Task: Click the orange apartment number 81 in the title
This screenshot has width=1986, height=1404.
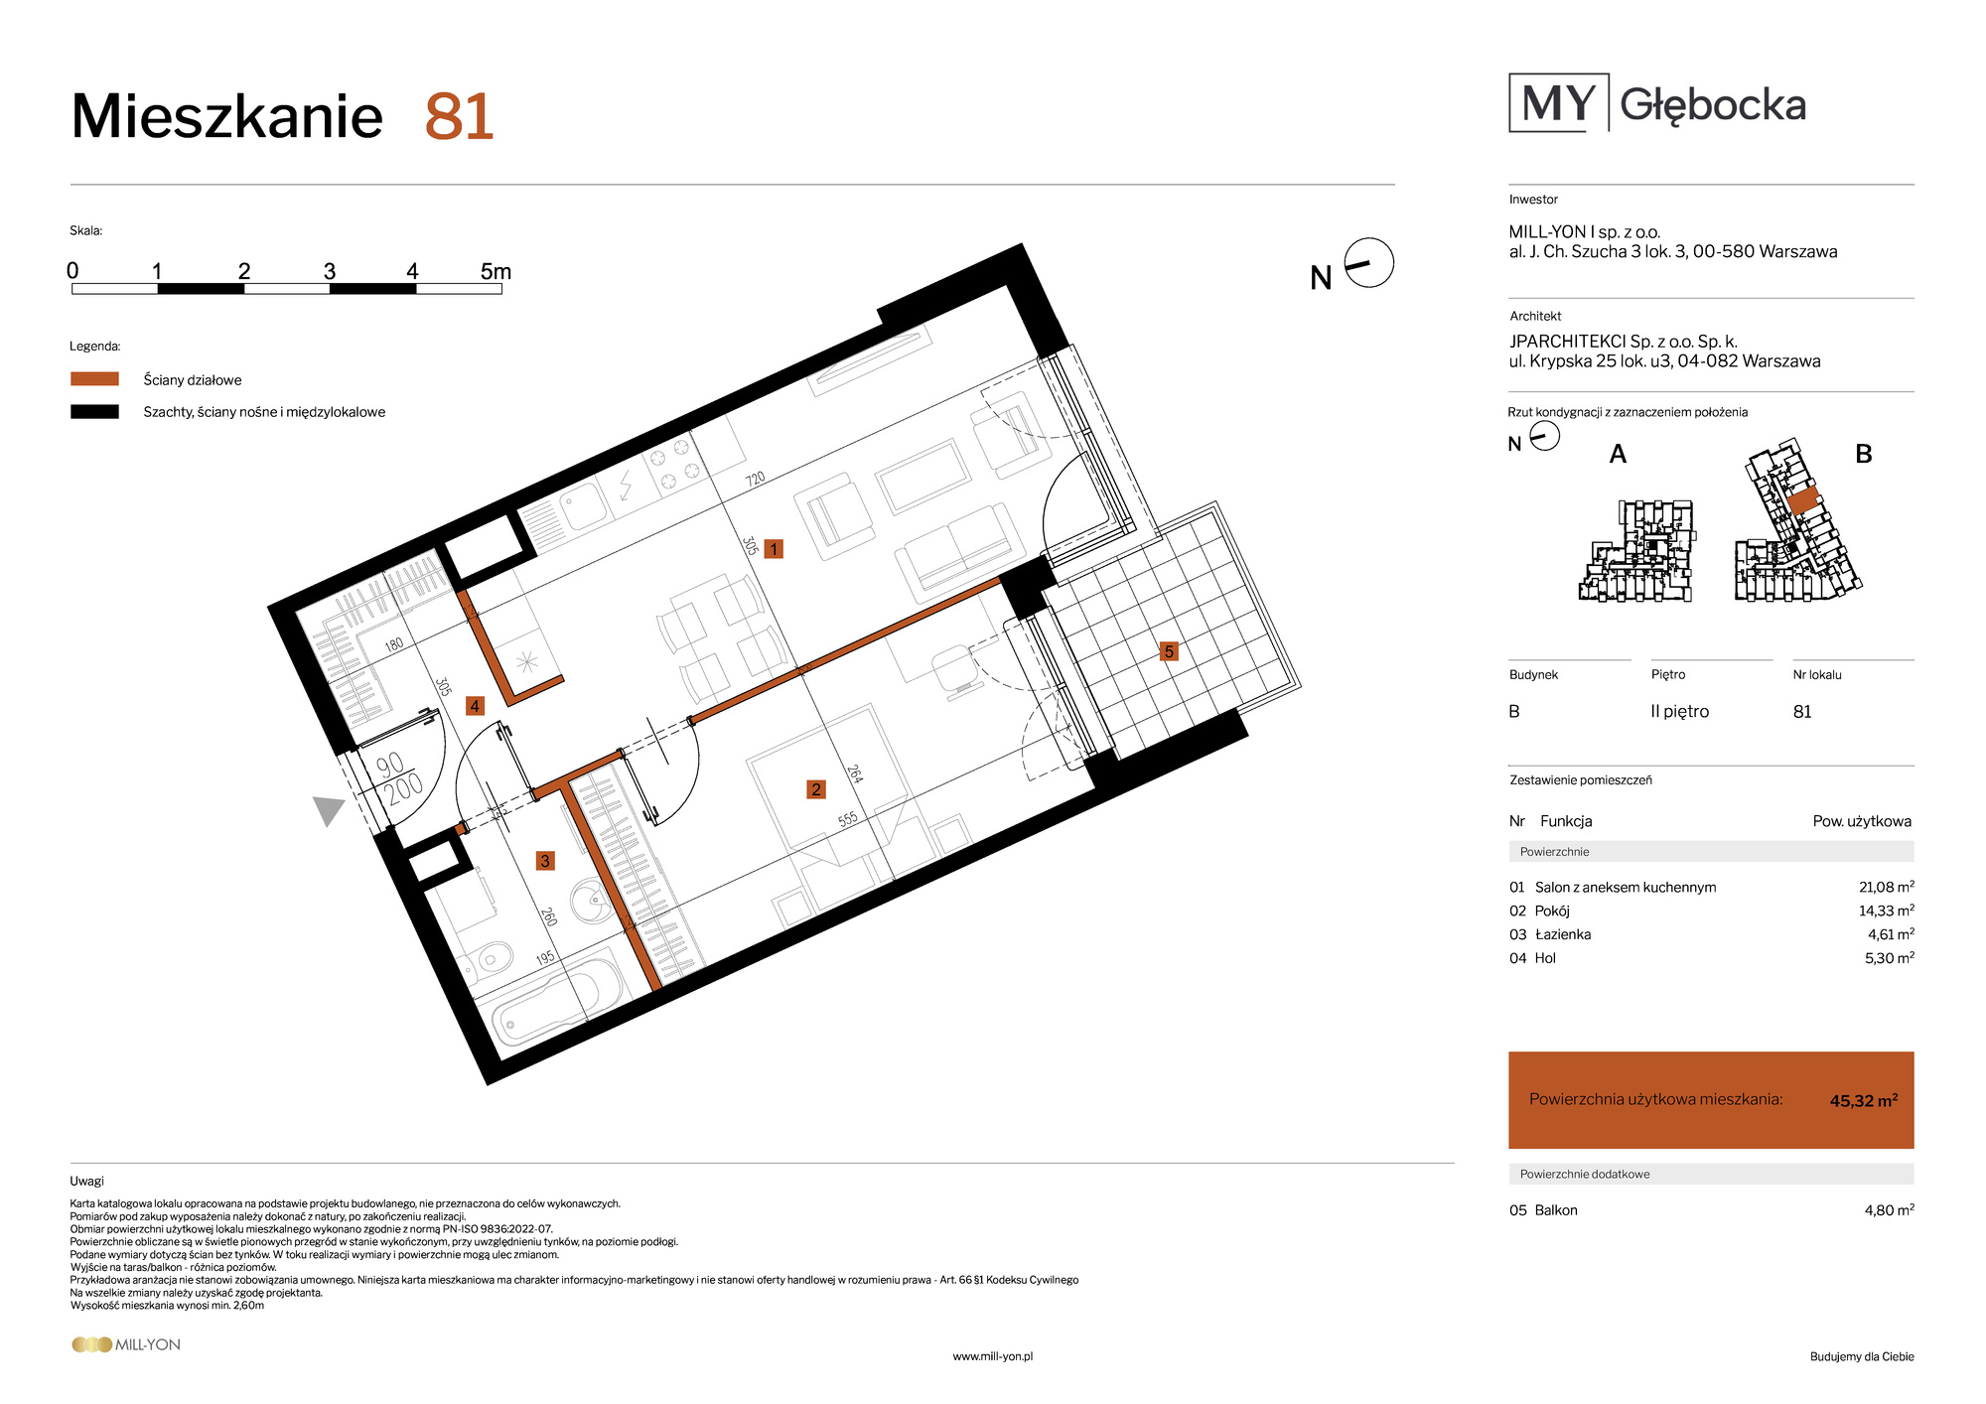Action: pos(459,117)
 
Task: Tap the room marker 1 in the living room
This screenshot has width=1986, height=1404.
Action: pos(774,549)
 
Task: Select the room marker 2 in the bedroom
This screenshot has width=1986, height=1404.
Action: pos(816,789)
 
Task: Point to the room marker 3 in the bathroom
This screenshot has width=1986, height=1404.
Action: pos(545,861)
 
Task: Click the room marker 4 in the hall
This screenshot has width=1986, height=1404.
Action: pos(475,706)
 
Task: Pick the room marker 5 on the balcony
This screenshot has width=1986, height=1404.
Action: pos(1169,651)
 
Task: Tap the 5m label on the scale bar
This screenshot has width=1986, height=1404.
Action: pos(496,271)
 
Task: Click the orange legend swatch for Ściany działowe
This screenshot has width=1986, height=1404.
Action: pos(94,379)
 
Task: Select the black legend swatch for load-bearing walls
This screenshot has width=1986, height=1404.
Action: pos(94,412)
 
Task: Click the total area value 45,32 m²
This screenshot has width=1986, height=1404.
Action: pos(1864,1100)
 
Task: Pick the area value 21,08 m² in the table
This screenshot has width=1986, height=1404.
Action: pos(1887,887)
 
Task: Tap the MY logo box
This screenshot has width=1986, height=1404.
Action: pos(1559,102)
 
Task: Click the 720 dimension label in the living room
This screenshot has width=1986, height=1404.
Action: pos(756,479)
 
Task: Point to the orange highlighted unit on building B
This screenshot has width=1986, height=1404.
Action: pos(1803,500)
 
